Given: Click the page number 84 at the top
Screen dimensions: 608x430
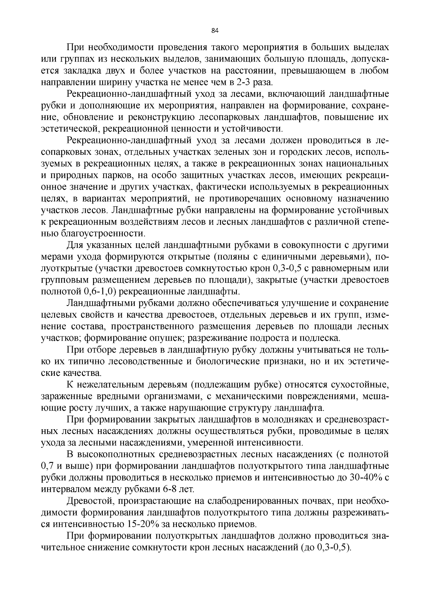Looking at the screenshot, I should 215,30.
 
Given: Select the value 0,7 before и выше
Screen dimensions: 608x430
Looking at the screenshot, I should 47,466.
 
